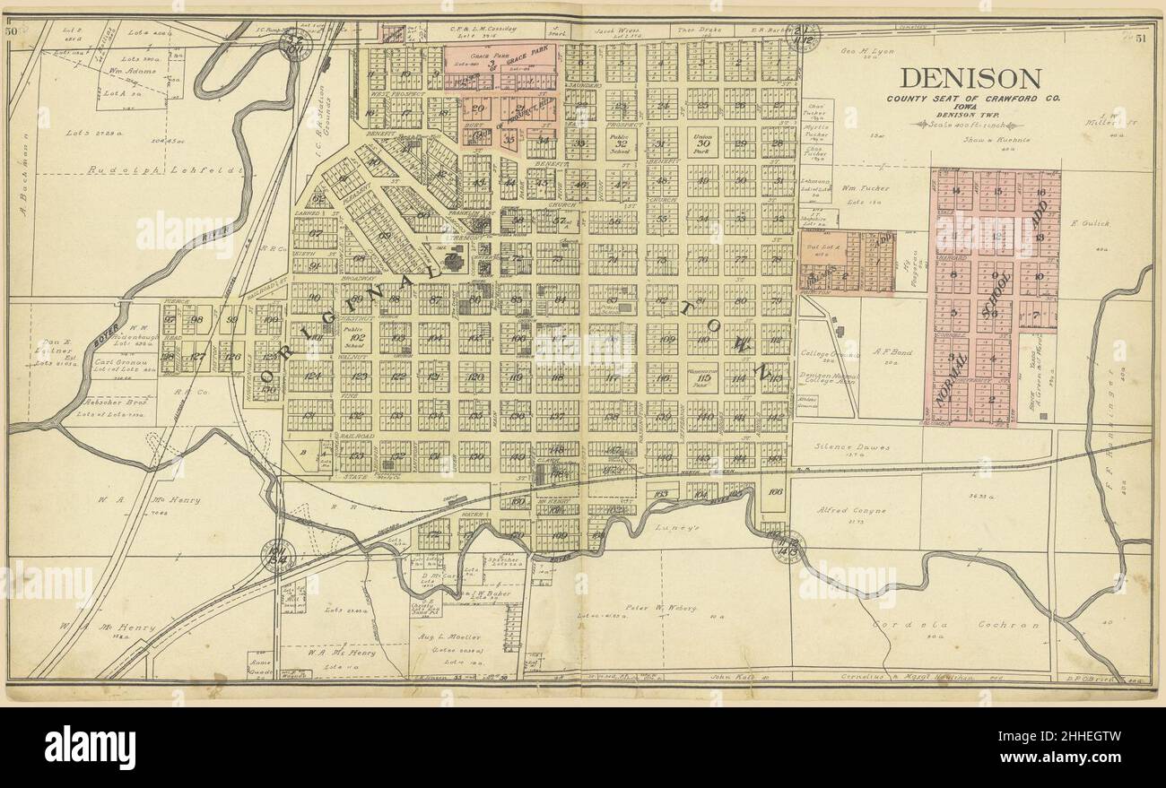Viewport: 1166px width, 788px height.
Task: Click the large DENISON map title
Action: [970, 78]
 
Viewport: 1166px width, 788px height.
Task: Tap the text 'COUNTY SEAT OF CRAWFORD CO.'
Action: [970, 98]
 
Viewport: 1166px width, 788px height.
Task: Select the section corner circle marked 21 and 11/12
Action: [802, 37]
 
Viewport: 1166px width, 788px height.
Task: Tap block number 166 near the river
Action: [776, 491]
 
